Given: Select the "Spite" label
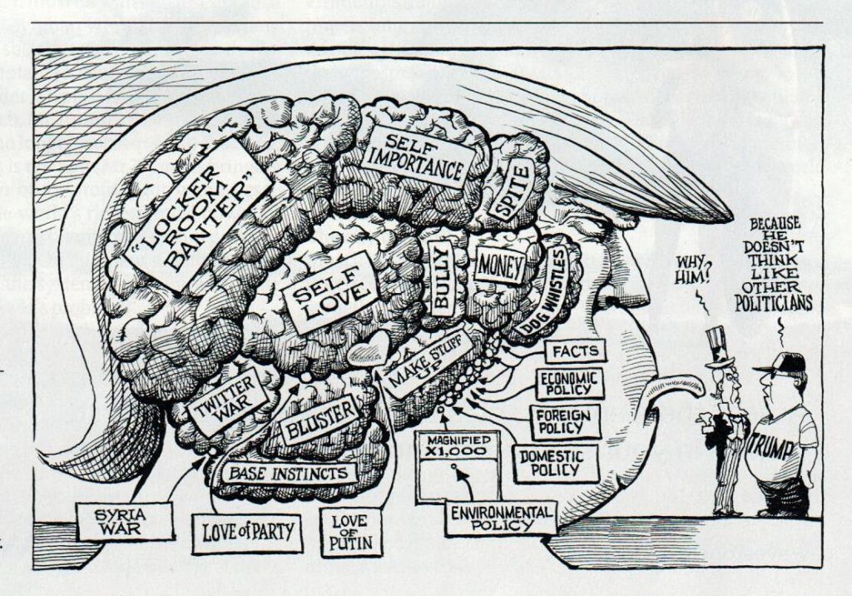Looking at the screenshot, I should click(x=509, y=191).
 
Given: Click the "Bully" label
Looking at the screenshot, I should click(x=442, y=278).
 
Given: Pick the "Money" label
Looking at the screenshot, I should click(x=500, y=266).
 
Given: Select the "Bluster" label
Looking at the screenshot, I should click(x=319, y=420).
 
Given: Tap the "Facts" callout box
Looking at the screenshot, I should click(x=575, y=350).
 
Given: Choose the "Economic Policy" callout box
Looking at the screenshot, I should click(x=570, y=385).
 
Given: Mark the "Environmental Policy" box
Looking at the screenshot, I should click(x=501, y=516).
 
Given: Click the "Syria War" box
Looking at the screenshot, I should click(x=123, y=520).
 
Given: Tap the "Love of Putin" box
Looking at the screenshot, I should click(x=349, y=533).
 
